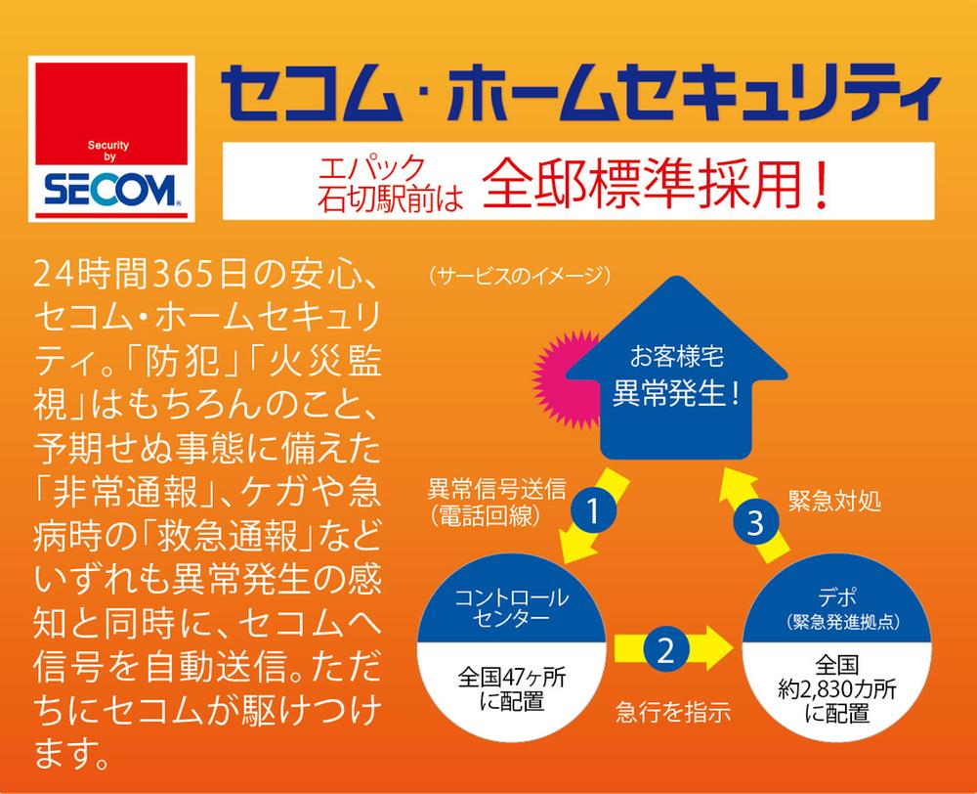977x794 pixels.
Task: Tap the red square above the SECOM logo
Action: click(109, 110)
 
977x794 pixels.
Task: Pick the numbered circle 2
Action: click(664, 648)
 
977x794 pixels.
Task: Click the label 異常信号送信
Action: click(484, 486)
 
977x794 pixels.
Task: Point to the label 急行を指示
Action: click(673, 712)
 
